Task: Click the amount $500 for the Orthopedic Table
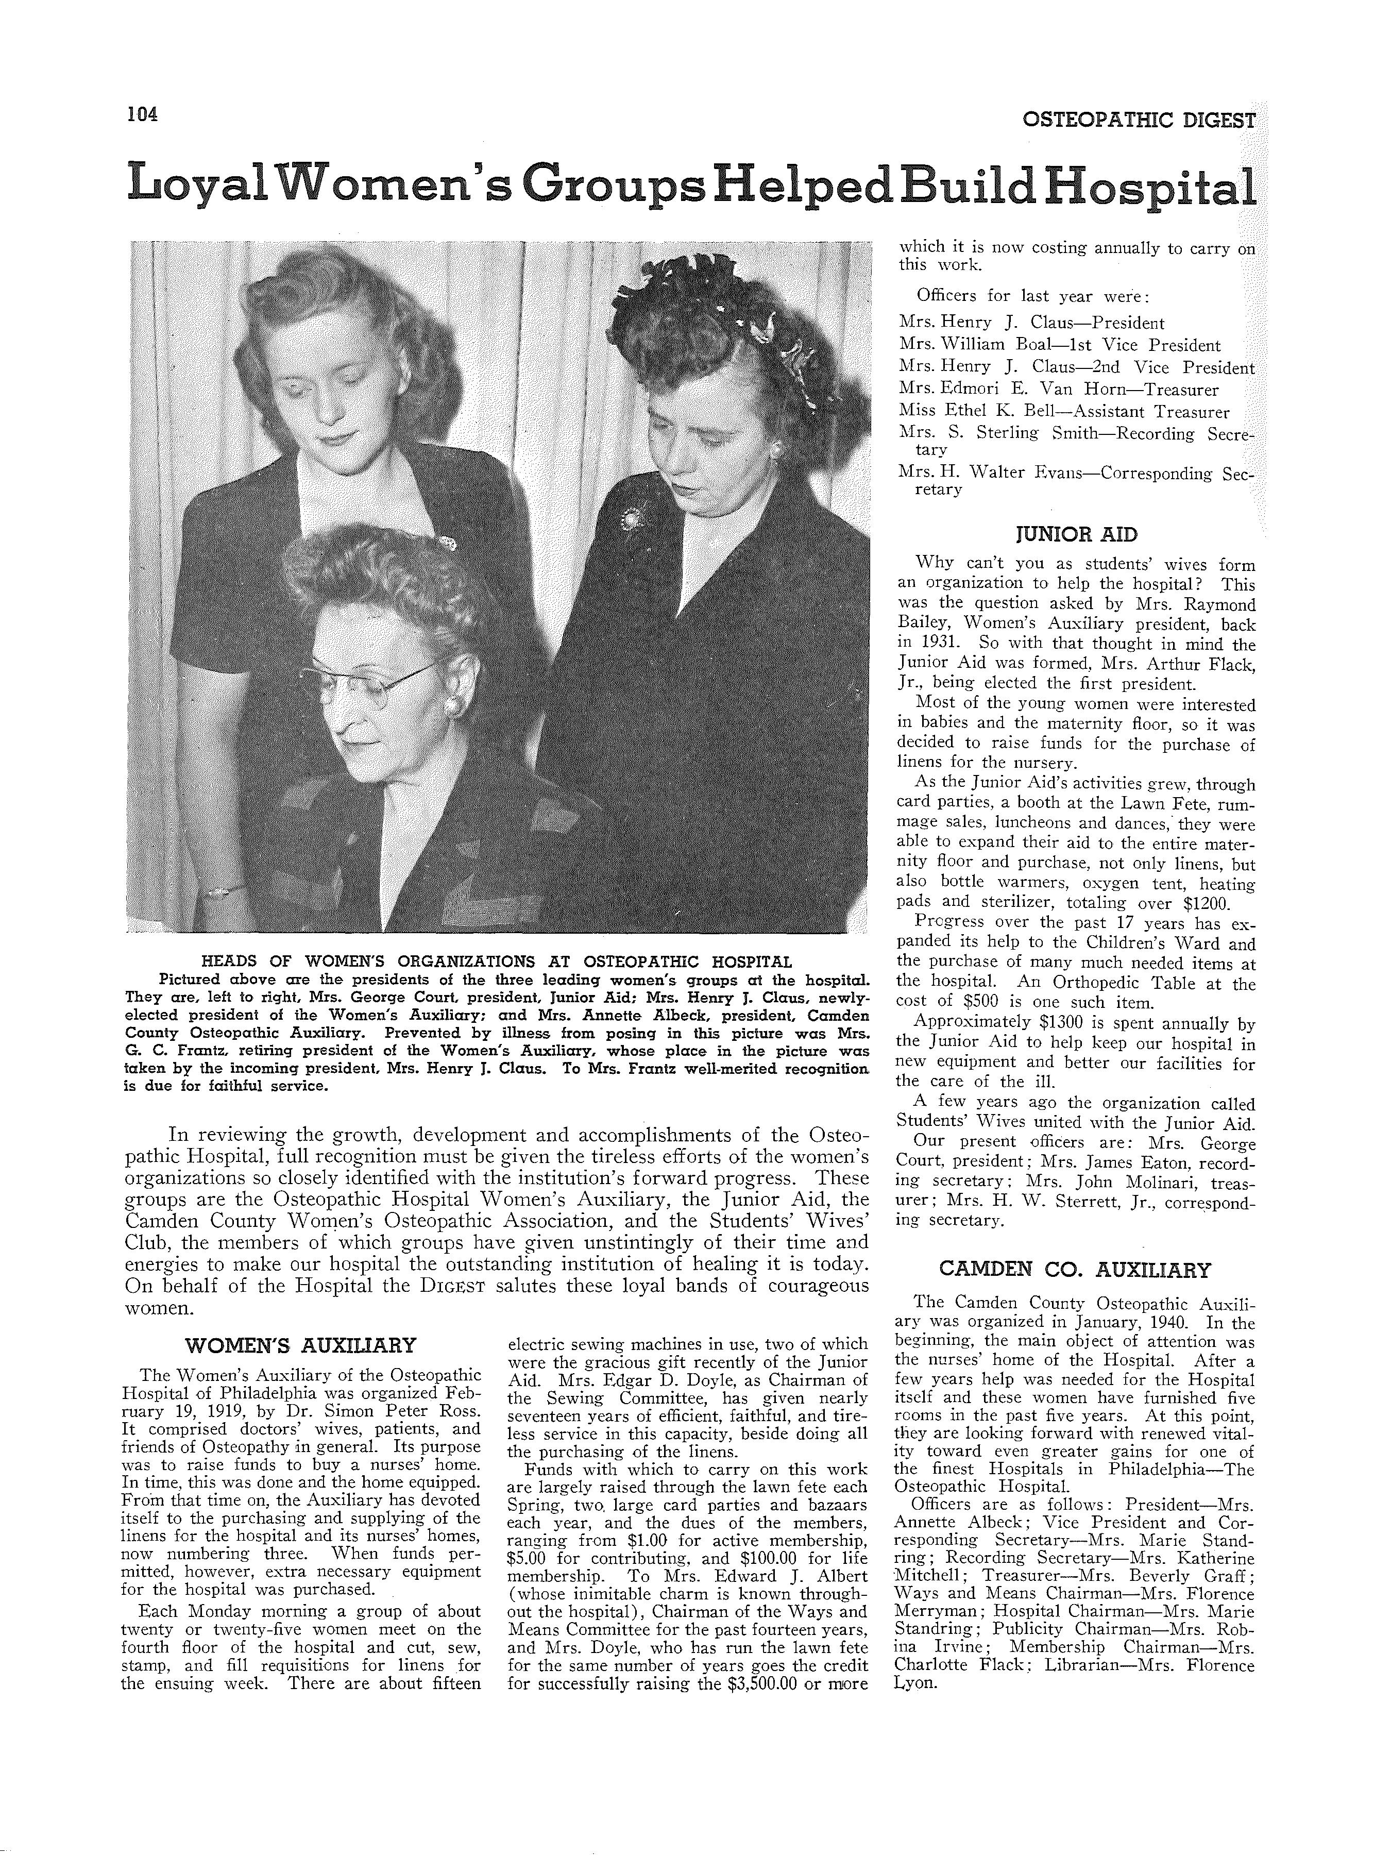coord(977,1003)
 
